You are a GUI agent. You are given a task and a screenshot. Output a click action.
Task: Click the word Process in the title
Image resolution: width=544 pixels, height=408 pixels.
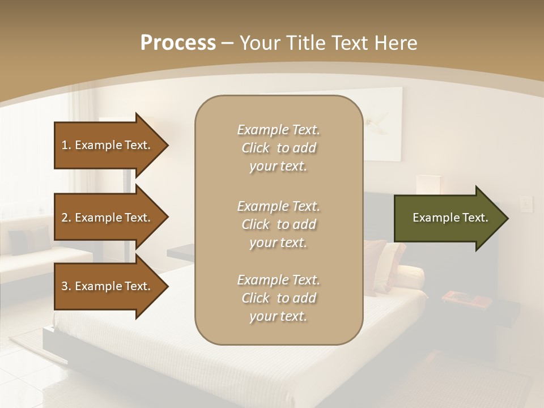click(x=178, y=43)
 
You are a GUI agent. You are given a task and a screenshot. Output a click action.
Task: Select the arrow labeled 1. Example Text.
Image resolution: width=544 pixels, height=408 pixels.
click(x=108, y=145)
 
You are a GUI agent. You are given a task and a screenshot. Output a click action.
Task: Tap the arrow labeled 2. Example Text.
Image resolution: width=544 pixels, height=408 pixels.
click(x=108, y=218)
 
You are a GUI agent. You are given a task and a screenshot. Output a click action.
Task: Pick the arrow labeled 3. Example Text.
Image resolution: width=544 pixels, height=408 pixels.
click(x=108, y=286)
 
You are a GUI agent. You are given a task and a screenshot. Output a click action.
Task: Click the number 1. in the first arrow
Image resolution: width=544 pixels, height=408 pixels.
click(x=66, y=145)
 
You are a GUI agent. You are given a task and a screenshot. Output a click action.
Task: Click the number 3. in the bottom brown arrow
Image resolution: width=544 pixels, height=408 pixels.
click(x=66, y=286)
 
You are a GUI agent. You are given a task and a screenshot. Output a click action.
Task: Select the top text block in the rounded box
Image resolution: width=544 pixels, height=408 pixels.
click(x=278, y=148)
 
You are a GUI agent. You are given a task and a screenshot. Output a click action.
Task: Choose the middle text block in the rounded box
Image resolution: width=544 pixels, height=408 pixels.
click(x=278, y=224)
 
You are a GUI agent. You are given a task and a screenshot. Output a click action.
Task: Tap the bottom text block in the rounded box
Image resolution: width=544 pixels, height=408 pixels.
click(x=278, y=298)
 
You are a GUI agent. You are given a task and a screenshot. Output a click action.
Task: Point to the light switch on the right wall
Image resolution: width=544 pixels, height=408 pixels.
click(x=526, y=203)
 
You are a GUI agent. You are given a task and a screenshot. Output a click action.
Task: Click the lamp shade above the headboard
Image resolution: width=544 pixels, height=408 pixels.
click(x=428, y=184)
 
